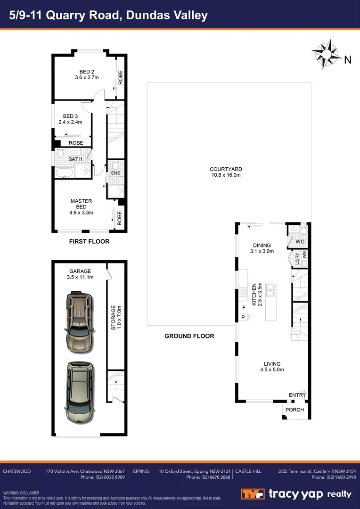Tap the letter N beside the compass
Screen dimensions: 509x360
coord(348,60)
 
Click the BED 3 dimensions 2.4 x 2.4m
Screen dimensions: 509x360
coord(70,122)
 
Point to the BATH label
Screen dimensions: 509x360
coord(75,159)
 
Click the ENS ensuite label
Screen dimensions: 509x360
coord(115,173)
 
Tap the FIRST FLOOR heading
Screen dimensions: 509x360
coord(90,241)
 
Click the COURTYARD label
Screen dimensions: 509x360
coord(226,169)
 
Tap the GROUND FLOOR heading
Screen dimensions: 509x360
coord(189,336)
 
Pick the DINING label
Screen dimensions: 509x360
coord(262,245)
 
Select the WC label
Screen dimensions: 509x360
coord(300,242)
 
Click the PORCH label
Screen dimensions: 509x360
coord(295,410)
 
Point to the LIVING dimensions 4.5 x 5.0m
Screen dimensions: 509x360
coord(272,369)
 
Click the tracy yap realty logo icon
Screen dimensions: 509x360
coord(254,493)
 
